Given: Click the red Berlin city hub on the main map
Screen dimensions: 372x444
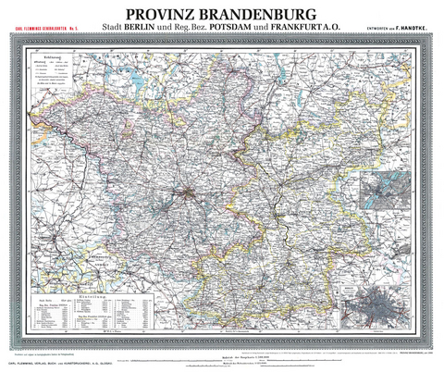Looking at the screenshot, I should pyautogui.click(x=188, y=192).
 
